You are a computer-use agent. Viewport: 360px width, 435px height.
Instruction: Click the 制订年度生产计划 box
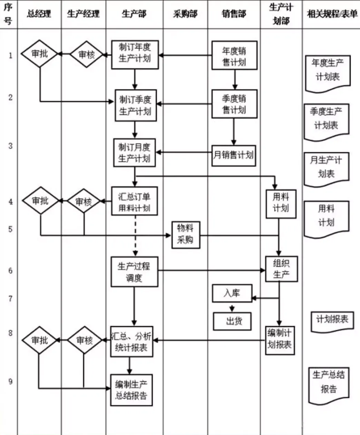pyautogui.click(x=135, y=54)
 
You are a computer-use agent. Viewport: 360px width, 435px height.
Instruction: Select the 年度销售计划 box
pyautogui.click(x=234, y=55)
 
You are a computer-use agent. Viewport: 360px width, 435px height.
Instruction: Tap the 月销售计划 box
pyautogui.click(x=233, y=155)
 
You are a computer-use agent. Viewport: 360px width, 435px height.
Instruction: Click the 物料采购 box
pyautogui.click(x=186, y=235)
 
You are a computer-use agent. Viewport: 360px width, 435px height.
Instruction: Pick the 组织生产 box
pyautogui.click(x=281, y=269)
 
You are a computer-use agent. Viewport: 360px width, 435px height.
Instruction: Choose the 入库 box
pyautogui.click(x=232, y=293)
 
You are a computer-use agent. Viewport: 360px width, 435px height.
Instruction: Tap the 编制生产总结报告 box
pyautogui.click(x=131, y=390)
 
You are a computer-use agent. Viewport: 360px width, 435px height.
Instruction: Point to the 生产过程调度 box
pyautogui.click(x=134, y=272)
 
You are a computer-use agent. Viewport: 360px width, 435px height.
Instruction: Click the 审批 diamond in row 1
pyautogui.click(x=39, y=54)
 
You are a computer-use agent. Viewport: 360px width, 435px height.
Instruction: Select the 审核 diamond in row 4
pyautogui.click(x=83, y=201)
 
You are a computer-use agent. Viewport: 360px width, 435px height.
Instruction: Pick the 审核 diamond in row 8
pyautogui.click(x=84, y=340)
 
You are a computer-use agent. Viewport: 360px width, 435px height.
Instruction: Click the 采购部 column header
pyautogui.click(x=185, y=14)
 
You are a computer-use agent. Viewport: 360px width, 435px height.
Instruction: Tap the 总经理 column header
pyautogui.click(x=39, y=14)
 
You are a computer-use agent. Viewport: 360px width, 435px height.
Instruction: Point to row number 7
pyautogui.click(x=10, y=299)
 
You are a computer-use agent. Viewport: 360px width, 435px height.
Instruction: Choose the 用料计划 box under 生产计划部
pyautogui.click(x=281, y=204)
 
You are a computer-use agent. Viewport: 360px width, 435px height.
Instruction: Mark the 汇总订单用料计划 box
pyautogui.click(x=134, y=201)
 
